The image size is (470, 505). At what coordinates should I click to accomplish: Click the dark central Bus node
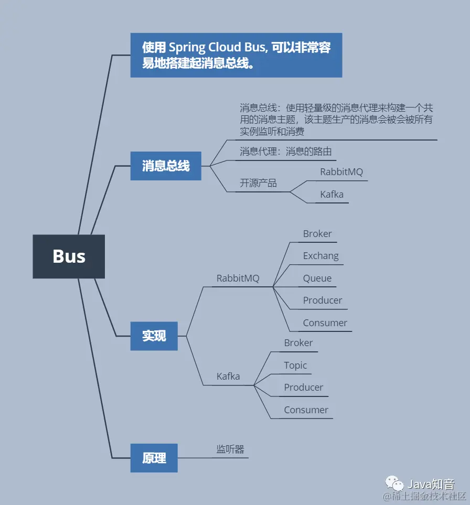coord(69,256)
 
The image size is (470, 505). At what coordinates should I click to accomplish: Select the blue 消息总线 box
coord(166,166)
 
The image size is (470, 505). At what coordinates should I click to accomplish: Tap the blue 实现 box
coord(154,336)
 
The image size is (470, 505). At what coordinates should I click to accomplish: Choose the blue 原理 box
coord(154,458)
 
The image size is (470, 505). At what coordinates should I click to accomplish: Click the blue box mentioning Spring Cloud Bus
coord(236,55)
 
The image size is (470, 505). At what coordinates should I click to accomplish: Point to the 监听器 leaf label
coord(231,449)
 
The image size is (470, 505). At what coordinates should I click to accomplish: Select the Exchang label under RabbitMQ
coord(321,256)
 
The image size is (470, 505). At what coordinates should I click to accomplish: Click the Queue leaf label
coord(317,278)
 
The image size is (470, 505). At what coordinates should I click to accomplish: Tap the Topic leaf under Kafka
coord(295,366)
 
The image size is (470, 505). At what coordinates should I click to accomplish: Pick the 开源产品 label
coord(258,183)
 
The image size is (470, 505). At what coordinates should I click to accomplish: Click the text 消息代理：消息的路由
coord(286,152)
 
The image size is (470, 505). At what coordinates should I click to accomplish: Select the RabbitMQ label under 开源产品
coord(341,172)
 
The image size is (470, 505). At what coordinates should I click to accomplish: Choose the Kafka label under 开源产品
coord(332,195)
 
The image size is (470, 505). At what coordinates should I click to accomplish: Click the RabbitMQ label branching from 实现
coord(238,278)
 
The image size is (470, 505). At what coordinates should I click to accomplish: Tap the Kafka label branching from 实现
coord(228,377)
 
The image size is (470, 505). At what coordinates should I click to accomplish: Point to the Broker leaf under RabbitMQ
coord(317,234)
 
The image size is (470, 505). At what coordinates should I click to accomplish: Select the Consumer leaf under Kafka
coord(306,410)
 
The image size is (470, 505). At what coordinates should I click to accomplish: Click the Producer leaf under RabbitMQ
coord(322,300)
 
